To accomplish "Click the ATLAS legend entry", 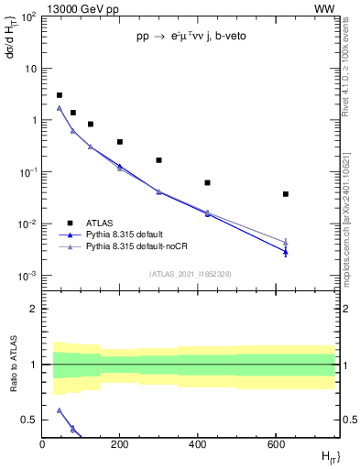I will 100,223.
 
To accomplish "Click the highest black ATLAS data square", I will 60,95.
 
